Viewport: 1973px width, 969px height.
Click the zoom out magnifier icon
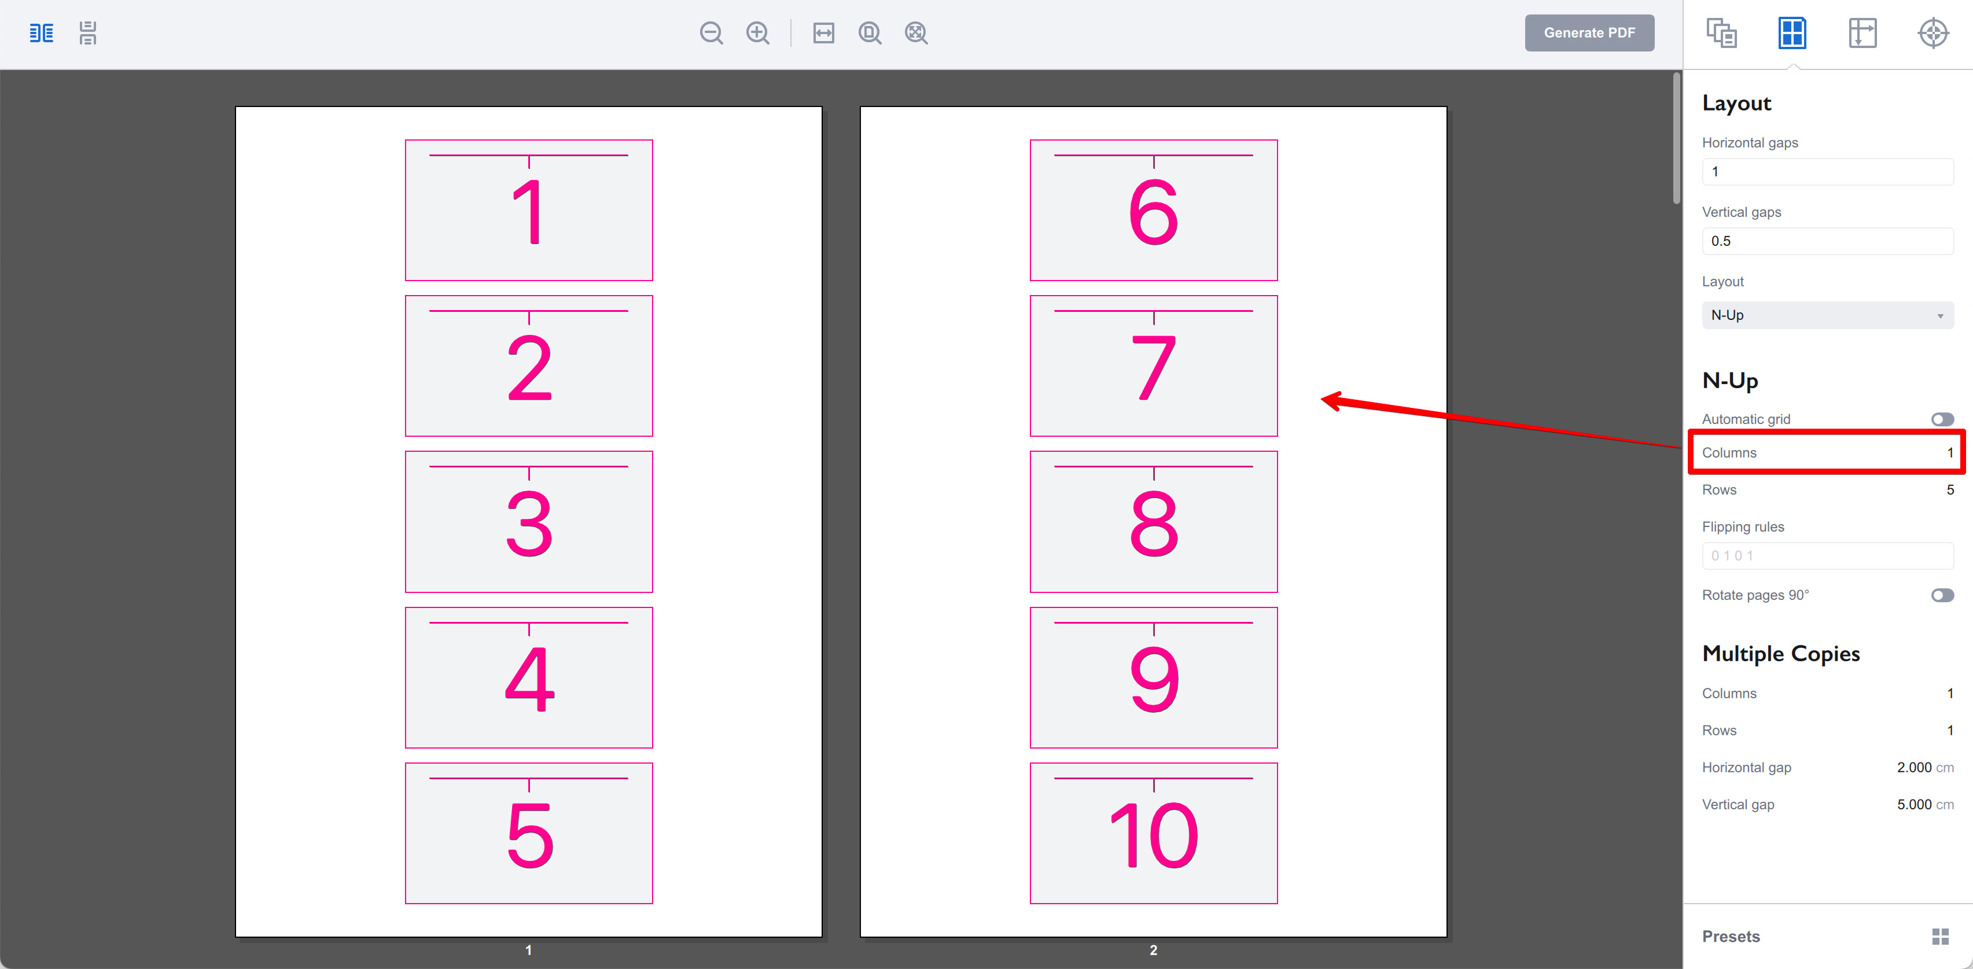[x=711, y=33]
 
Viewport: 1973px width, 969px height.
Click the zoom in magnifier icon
[x=757, y=33]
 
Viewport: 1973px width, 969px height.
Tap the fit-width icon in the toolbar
[x=823, y=33]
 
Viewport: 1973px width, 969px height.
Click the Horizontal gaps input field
[x=1827, y=172]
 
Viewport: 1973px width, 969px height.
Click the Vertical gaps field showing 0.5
[x=1827, y=241]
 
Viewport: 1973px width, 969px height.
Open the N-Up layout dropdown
[x=1827, y=315]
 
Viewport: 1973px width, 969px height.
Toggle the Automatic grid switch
[x=1942, y=419]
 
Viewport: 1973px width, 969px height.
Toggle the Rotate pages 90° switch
[x=1942, y=595]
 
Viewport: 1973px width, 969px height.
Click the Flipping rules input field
[x=1827, y=555]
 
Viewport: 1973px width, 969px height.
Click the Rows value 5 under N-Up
[x=1949, y=489]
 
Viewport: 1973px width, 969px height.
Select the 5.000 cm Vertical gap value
[x=1913, y=804]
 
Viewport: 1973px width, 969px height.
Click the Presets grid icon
[x=1939, y=936]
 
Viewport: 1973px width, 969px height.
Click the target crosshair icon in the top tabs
[x=1932, y=33]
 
